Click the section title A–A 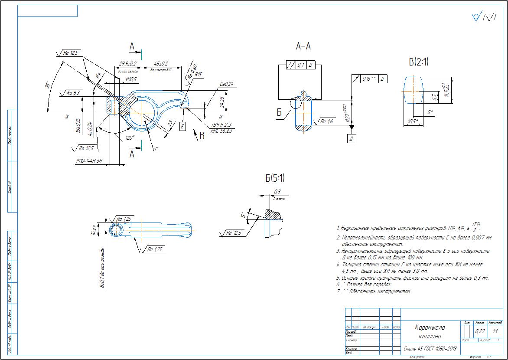click(x=303, y=46)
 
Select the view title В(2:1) click(x=418, y=62)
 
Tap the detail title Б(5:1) click(x=275, y=178)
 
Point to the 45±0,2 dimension click(x=161, y=63)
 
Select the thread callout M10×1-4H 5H click(x=89, y=161)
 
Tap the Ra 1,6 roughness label click(x=326, y=122)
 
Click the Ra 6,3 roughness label click(x=72, y=92)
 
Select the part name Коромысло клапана click(x=430, y=332)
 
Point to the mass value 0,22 click(x=480, y=331)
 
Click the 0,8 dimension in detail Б click(x=277, y=192)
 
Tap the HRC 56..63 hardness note click(x=221, y=131)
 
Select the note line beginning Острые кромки click(x=412, y=278)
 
